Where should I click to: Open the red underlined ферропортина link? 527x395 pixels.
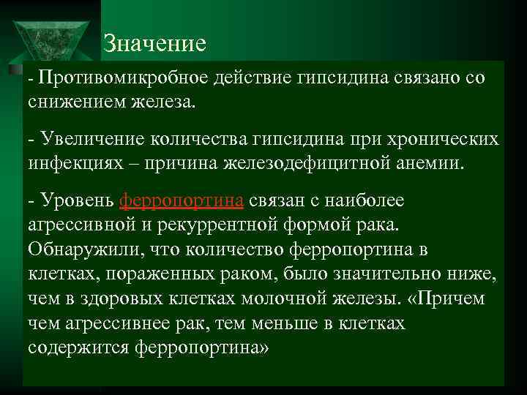[x=182, y=200]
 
